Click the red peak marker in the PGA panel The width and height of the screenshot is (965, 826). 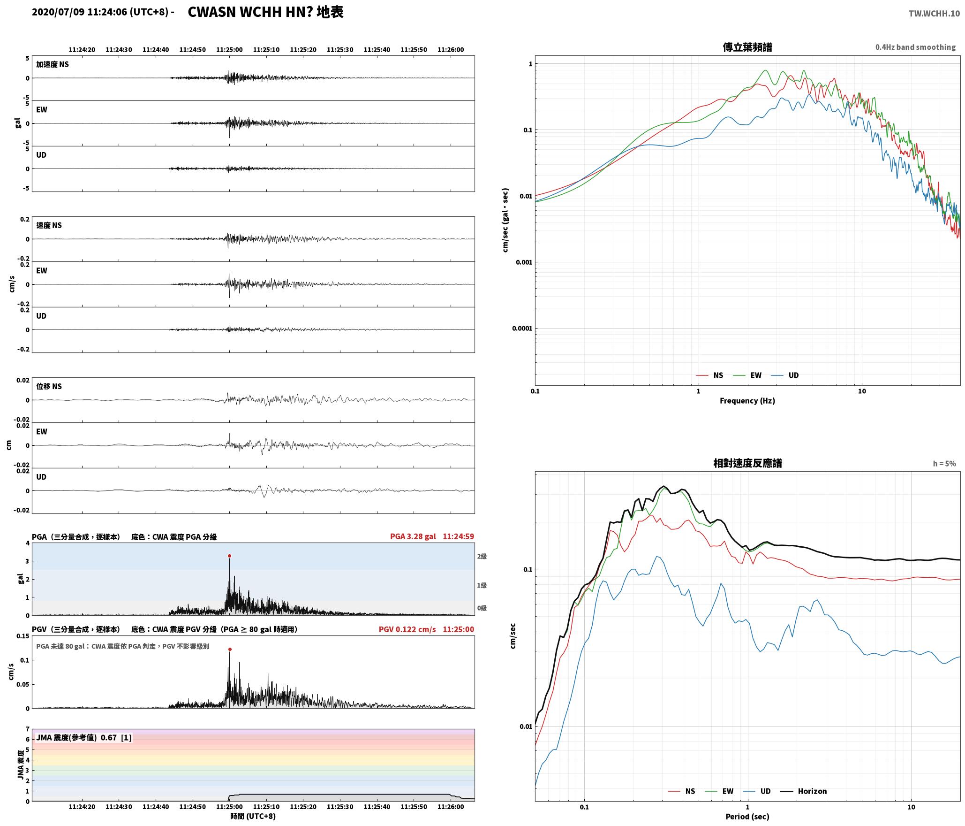pos(229,556)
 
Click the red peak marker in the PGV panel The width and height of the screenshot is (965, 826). pos(230,649)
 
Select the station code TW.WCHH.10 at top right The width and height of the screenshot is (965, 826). pos(934,14)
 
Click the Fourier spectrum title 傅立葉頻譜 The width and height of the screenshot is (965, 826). pos(747,47)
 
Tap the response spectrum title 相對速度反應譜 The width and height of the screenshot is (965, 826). pos(747,463)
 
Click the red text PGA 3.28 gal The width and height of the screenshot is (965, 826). pos(413,536)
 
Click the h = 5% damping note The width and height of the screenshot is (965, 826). pos(944,464)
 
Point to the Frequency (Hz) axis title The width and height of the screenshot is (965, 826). pos(747,401)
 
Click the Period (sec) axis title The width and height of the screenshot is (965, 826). pos(747,817)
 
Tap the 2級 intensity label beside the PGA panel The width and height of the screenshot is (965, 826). pos(482,556)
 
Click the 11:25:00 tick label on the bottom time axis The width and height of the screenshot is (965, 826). pos(229,807)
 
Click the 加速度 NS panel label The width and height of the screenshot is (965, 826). pos(53,64)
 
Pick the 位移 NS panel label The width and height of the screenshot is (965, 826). pos(49,386)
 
